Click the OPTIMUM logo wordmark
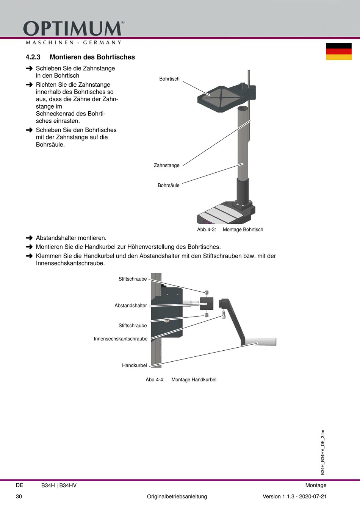pyautogui.click(x=73, y=29)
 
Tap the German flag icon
pyautogui.click(x=338, y=52)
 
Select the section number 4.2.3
pyautogui.click(x=33, y=57)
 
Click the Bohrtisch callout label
pyautogui.click(x=169, y=79)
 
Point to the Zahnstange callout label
pyautogui.click(x=166, y=166)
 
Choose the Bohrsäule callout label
pyautogui.click(x=168, y=186)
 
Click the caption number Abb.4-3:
pyautogui.click(x=206, y=230)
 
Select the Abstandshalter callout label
pyautogui.click(x=130, y=306)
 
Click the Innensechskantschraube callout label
pyautogui.click(x=121, y=339)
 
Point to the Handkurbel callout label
pyautogui.click(x=134, y=365)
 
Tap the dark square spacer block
pyautogui.click(x=207, y=304)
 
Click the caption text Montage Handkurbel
pyautogui.click(x=194, y=379)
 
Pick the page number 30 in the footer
pyautogui.click(x=19, y=497)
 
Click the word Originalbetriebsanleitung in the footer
pyautogui.click(x=177, y=497)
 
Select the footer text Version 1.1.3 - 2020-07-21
pyautogui.click(x=294, y=497)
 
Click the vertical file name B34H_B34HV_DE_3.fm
pyautogui.click(x=323, y=452)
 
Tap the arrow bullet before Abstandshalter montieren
pyautogui.click(x=29, y=238)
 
